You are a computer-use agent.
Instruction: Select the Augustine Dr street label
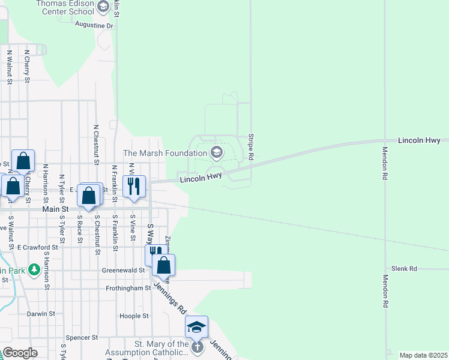tap(94, 25)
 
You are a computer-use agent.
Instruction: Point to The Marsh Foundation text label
tap(164, 154)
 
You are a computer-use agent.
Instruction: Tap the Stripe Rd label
tap(251, 146)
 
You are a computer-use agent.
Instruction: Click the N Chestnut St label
tap(96, 144)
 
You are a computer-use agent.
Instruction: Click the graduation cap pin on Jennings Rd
tap(196, 326)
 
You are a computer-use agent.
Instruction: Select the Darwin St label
tap(41, 313)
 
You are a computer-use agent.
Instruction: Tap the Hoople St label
tap(130, 316)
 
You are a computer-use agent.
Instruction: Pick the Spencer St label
tap(82, 338)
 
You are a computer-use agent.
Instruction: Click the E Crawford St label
tap(37, 247)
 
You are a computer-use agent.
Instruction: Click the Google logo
tap(20, 352)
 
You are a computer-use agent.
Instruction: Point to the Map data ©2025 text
tap(423, 355)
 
